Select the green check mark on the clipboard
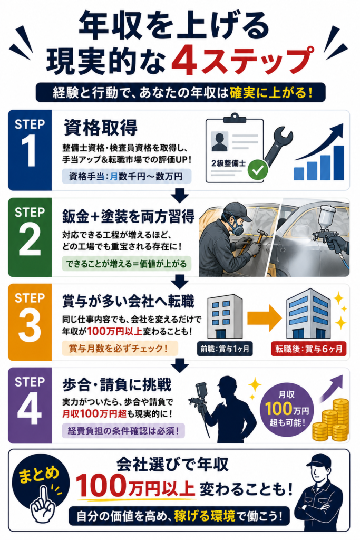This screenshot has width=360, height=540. tap(258, 169)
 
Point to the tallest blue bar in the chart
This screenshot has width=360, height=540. tap(338, 162)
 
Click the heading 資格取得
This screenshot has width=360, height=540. tap(100, 128)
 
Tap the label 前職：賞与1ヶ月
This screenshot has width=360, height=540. tap(225, 349)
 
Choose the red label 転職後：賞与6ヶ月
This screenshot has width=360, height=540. tap(308, 349)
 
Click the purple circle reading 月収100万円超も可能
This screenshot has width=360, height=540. tap(287, 409)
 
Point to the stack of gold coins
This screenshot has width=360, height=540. tap(330, 420)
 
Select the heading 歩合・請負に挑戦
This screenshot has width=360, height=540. tap(116, 385)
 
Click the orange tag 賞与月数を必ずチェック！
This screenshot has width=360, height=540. tap(120, 349)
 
